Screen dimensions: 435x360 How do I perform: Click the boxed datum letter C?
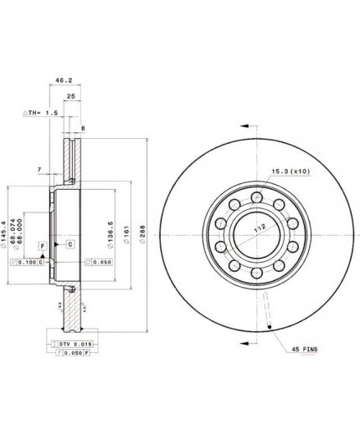pyautogui.click(x=70, y=243)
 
